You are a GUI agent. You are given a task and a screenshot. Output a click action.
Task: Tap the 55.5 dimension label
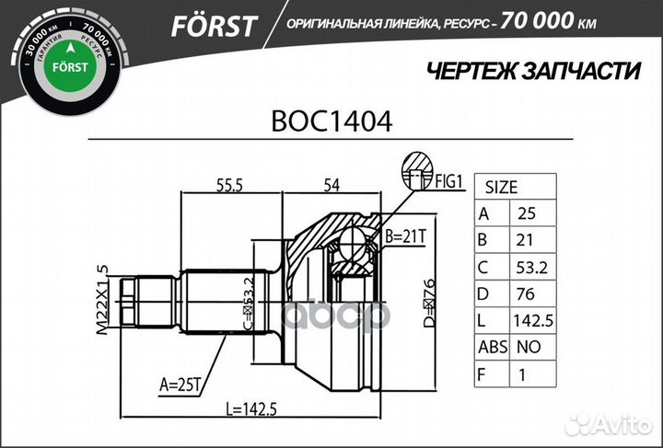click(x=229, y=186)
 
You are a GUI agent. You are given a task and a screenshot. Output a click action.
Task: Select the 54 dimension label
click(x=331, y=186)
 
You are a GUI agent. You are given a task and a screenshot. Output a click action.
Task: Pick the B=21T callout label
click(x=405, y=236)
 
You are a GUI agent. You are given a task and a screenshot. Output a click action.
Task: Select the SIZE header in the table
click(x=501, y=186)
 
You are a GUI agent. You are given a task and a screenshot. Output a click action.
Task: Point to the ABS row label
click(x=487, y=349)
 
